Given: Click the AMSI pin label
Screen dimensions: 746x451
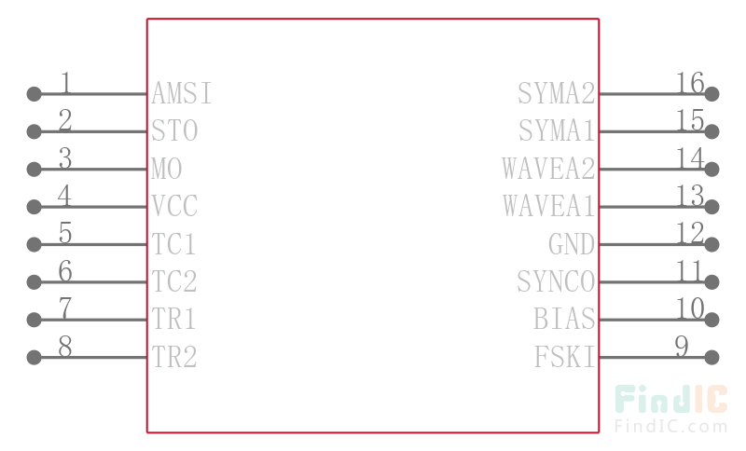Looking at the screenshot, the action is (x=182, y=93).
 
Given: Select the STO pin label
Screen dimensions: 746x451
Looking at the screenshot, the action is (x=174, y=130).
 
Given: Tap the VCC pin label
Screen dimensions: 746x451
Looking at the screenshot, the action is (x=174, y=206).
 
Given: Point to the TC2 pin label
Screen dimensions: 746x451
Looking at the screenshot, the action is (x=174, y=281).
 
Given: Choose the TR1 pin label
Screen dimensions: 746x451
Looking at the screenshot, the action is (x=173, y=319).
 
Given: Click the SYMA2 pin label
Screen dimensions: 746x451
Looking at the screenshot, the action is (x=556, y=93).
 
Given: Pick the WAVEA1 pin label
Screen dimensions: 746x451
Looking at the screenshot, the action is (x=549, y=206).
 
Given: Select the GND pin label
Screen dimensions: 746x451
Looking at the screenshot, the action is (x=572, y=244).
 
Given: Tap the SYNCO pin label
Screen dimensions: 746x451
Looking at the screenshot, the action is (x=556, y=281).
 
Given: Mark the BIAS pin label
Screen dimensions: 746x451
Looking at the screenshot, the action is (x=564, y=319).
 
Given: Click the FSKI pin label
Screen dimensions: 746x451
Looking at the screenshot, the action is (x=565, y=357).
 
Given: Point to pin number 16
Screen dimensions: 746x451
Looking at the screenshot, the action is (x=690, y=83).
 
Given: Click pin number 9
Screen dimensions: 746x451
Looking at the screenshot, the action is (x=682, y=347).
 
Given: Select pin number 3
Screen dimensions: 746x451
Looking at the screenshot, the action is (x=65, y=158).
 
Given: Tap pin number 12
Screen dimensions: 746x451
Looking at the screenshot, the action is (x=690, y=233).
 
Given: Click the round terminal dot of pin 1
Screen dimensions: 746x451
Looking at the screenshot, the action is (x=34, y=93).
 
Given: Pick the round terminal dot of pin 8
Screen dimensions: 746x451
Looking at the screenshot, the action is (x=34, y=357).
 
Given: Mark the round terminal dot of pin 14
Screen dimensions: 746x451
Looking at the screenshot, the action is (x=711, y=169).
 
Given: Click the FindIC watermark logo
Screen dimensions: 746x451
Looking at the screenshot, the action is (x=670, y=399).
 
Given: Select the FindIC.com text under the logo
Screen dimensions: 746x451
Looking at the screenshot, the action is (x=670, y=426).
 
